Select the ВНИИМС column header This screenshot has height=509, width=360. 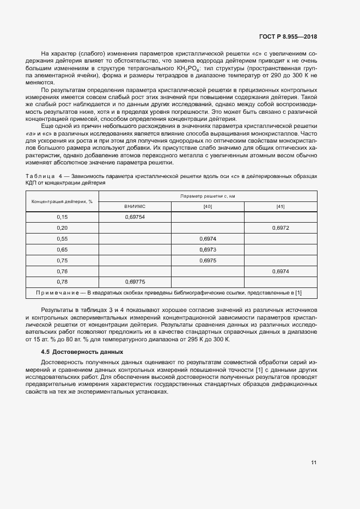135,206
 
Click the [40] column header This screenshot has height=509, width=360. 208,206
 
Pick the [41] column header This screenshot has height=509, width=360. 280,206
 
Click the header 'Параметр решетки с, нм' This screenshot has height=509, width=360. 208,196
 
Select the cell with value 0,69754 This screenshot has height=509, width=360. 135,217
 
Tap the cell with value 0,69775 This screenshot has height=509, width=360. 135,282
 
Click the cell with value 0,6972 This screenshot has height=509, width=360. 280,228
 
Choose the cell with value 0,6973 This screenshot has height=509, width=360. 208,249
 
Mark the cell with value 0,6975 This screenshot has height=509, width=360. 208,260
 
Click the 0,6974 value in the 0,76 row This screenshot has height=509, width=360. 280,271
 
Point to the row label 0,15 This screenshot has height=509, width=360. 62,217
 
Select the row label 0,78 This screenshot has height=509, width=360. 62,282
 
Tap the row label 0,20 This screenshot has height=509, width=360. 62,228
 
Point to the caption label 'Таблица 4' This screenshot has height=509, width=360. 44,176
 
